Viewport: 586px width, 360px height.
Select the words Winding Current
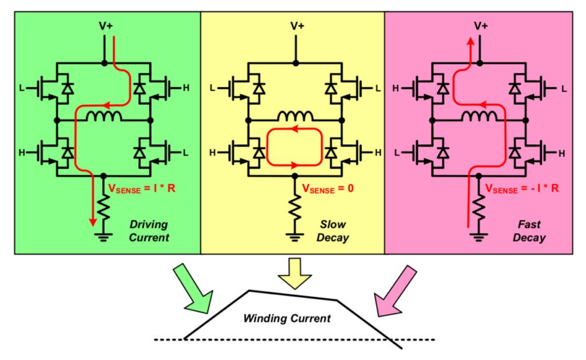(x=287, y=318)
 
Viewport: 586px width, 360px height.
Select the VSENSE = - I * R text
(x=521, y=188)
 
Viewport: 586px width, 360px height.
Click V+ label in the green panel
(x=104, y=26)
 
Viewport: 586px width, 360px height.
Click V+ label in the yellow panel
(x=296, y=26)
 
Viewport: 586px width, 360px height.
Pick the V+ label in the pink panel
(x=481, y=26)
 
